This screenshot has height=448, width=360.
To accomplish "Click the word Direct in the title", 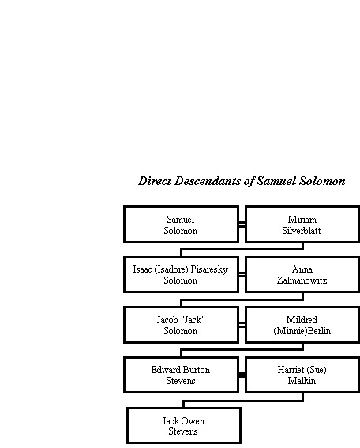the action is (155, 181).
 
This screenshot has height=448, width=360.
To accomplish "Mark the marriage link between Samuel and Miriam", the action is (242, 224).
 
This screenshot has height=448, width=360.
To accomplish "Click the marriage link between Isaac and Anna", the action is (242, 275).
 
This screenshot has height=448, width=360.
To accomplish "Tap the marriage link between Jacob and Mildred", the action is (242, 325).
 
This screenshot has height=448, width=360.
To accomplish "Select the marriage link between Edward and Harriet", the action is (242, 375).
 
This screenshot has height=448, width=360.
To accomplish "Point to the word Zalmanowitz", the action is (302, 280).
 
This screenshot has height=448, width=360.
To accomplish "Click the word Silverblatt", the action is (302, 230).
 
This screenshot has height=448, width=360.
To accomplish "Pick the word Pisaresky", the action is (209, 269).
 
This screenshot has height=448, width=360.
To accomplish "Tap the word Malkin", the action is (302, 381).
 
